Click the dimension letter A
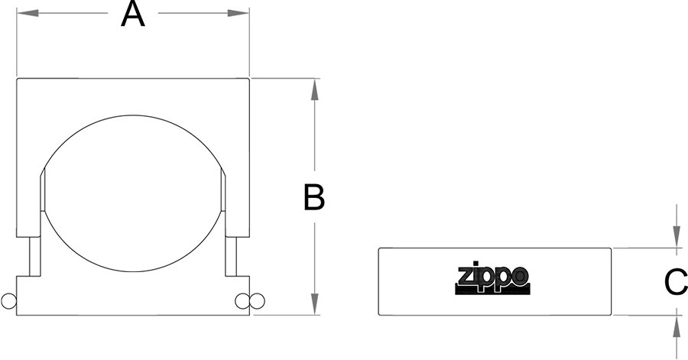coord(132,15)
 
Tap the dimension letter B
coord(314,197)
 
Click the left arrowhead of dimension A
coord(28,13)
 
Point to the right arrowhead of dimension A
coord(239,13)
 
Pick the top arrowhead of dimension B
coord(314,90)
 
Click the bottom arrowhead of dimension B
coord(314,304)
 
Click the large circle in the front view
coord(132,115)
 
